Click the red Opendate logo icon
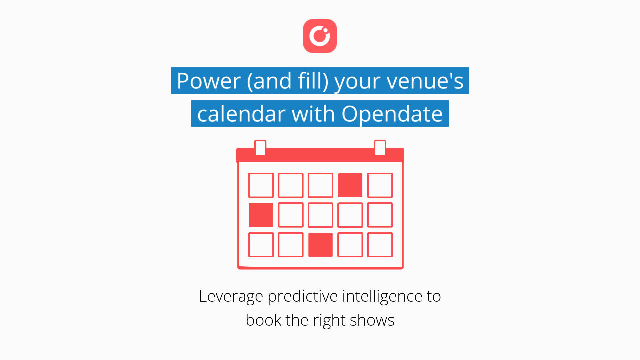320,36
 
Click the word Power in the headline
209,81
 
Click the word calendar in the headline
241,114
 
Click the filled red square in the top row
350,185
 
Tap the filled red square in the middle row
261,215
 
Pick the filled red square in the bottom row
320,245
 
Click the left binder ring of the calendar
260,148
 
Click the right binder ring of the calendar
380,148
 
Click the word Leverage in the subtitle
231,296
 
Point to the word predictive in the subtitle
303,296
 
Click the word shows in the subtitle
372,320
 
